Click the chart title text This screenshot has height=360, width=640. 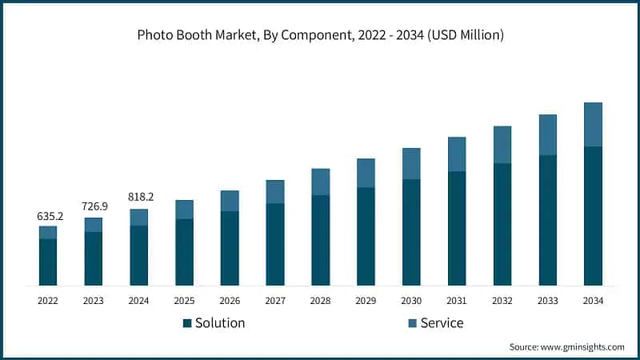[x=320, y=35]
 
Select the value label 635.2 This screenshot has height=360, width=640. [x=48, y=216]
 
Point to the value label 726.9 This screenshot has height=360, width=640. [x=94, y=207]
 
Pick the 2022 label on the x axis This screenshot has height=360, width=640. [x=48, y=301]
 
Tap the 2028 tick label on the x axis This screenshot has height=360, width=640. [x=320, y=301]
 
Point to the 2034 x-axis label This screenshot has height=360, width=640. [x=593, y=301]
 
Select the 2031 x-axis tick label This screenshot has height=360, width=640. [x=457, y=301]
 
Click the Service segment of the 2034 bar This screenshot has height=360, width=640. [x=593, y=124]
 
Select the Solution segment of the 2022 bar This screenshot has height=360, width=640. [x=48, y=262]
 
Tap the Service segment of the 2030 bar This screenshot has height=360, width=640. [x=411, y=163]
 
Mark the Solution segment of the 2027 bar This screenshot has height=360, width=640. [x=275, y=244]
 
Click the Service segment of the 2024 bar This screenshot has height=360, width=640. [x=139, y=218]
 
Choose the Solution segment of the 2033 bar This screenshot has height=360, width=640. [x=547, y=220]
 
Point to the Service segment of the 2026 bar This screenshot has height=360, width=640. [x=230, y=201]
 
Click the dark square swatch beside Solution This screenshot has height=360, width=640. [x=187, y=323]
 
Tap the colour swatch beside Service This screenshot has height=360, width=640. [x=412, y=323]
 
